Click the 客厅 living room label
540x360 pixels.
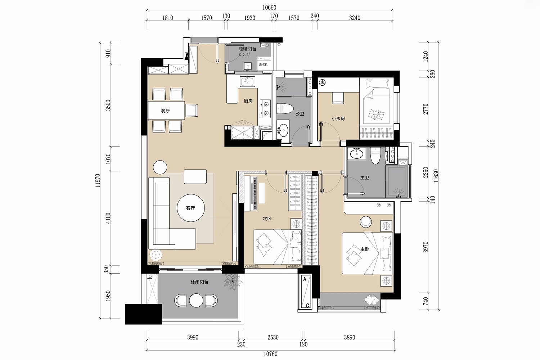coord(190,208)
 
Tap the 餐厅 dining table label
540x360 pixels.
coord(165,111)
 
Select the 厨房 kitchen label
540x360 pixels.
coord(248,101)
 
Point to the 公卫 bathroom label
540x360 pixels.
coord(300,114)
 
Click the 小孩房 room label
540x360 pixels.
coord(338,118)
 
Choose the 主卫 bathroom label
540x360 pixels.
coord(365,178)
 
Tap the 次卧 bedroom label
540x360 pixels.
coord(267,219)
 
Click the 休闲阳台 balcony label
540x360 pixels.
coord(199,282)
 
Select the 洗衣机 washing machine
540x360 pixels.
coord(264,64)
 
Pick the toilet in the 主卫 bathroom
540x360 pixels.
coord(375,156)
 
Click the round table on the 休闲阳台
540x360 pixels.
coord(196,300)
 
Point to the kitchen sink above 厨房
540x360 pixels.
coord(247,81)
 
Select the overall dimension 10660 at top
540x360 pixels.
coord(270,8)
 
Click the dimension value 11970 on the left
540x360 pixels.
coord(98,180)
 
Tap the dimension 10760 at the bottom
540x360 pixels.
coord(270,354)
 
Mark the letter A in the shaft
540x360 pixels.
coord(305,279)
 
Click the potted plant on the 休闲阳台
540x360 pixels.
coord(233,281)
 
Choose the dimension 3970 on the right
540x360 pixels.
coord(426,247)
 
